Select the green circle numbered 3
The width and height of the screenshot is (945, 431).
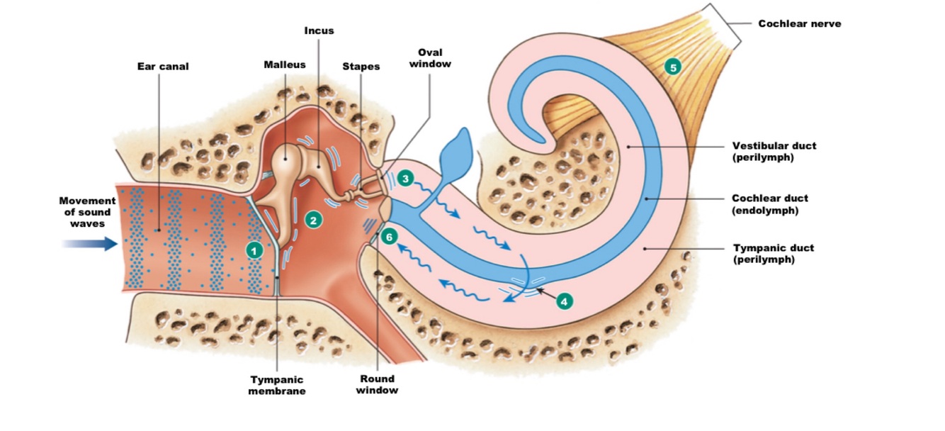(405, 179)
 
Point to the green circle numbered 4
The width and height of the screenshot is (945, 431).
(564, 301)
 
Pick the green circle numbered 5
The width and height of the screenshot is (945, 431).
(672, 67)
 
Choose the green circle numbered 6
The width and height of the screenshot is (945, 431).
(388, 237)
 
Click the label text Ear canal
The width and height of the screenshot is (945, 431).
(163, 67)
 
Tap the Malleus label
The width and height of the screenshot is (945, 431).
(285, 65)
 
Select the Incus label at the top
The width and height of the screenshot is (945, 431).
(319, 30)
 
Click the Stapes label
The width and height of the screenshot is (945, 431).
(361, 67)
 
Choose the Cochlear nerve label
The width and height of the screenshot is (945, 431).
(800, 23)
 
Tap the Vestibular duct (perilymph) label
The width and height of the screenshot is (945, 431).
(774, 151)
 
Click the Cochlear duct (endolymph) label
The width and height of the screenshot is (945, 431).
(769, 204)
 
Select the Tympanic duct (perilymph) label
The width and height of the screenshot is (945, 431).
(773, 254)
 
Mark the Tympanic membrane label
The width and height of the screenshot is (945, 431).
(277, 385)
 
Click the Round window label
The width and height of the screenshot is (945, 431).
(377, 384)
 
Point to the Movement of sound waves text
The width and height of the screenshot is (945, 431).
(87, 212)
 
